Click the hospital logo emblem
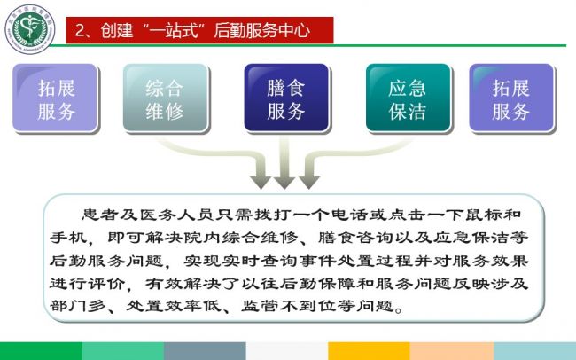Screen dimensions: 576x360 pos(30,29)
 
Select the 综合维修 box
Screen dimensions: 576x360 pos(166,98)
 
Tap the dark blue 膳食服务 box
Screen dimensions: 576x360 pos(286,98)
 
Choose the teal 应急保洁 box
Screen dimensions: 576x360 pos(409,98)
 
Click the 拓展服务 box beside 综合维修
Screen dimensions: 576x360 pos(56,98)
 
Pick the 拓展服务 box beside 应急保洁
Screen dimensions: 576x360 pos(511,98)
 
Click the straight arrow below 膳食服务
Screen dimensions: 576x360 pos(284,161)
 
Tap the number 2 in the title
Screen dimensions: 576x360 pos(80,30)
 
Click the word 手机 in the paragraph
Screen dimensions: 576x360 pos(69,238)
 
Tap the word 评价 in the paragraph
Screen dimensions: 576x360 pos(108,284)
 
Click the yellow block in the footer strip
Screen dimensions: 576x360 pos(369,351)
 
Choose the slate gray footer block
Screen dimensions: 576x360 pos(205,351)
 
